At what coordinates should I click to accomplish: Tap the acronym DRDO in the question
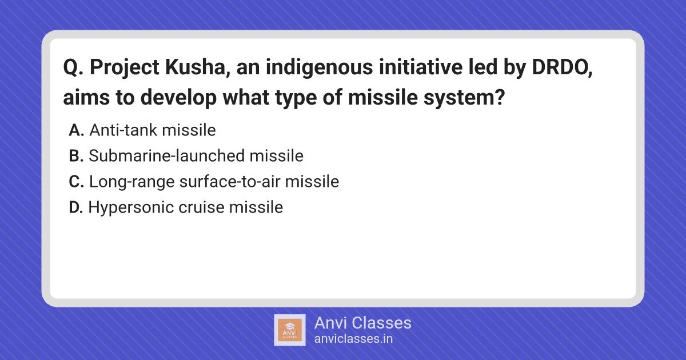(x=561, y=67)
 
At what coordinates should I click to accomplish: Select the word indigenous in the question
(x=320, y=68)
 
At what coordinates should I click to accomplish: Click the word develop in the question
(x=178, y=98)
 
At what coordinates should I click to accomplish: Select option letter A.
(x=76, y=130)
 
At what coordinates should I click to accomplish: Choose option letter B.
(x=76, y=156)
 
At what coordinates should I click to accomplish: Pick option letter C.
(x=76, y=182)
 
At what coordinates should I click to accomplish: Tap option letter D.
(x=75, y=207)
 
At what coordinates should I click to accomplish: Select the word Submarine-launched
(x=167, y=155)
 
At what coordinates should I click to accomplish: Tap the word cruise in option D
(x=201, y=207)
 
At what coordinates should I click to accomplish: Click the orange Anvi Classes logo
(x=290, y=330)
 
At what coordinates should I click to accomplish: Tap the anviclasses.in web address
(x=353, y=339)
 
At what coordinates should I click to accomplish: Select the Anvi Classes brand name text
(x=363, y=323)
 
